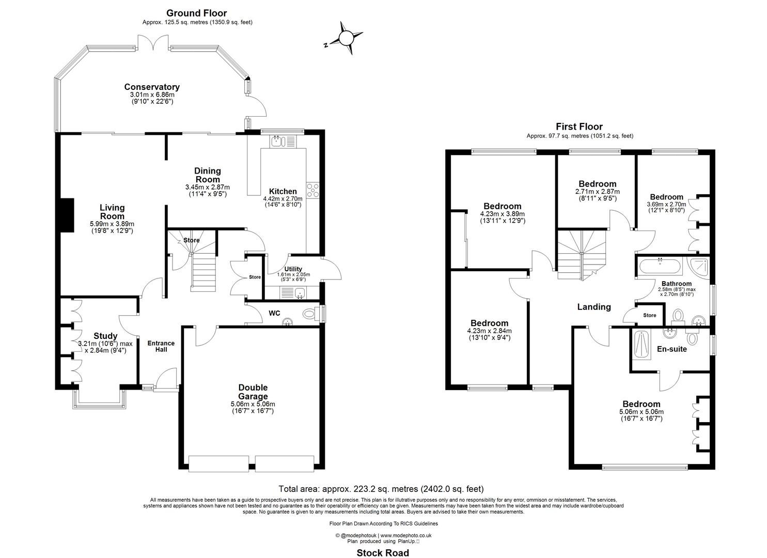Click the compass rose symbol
point(345,38)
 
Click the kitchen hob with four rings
point(313,190)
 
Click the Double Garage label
point(253,392)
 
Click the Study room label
point(105,336)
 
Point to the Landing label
point(593,307)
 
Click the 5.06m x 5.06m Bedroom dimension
point(641,412)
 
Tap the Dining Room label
point(207,175)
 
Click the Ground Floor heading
point(197,13)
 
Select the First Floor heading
point(579,127)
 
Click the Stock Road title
point(383,553)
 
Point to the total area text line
point(381,489)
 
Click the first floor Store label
point(649,315)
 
